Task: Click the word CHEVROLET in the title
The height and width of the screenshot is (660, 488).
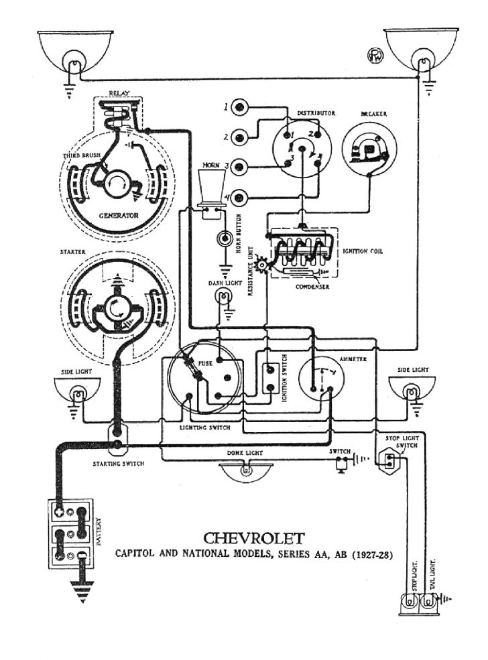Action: pos(253,538)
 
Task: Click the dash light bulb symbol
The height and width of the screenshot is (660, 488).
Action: pos(220,299)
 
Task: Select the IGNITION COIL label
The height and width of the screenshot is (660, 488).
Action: pos(364,251)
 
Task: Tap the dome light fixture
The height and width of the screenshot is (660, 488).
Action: pos(246,470)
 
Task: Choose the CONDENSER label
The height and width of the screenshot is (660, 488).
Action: pos(313,286)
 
